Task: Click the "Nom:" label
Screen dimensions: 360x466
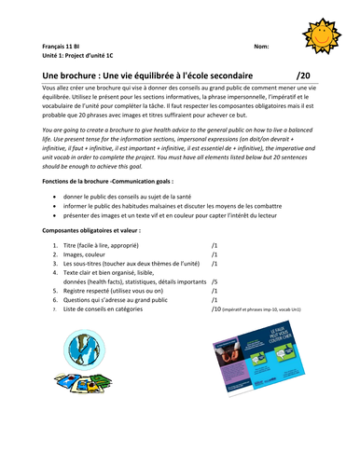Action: click(262, 45)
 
